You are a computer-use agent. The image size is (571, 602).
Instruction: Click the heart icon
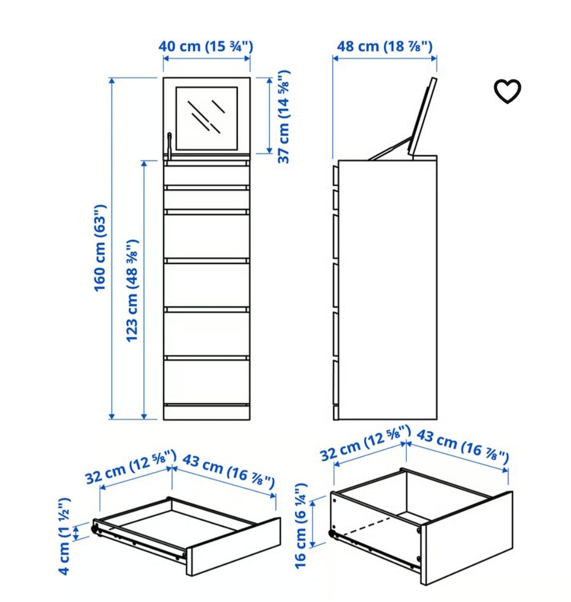click(x=507, y=91)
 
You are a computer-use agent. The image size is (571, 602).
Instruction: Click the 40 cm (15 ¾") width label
click(x=206, y=46)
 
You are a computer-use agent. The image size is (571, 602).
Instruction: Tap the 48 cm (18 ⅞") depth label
click(x=384, y=46)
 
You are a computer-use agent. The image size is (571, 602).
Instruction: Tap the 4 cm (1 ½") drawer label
click(x=64, y=536)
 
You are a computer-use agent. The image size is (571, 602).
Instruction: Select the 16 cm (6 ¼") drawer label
click(x=301, y=525)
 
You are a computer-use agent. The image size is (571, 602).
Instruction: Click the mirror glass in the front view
click(x=206, y=118)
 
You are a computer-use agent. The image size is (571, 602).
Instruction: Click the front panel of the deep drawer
click(x=467, y=538)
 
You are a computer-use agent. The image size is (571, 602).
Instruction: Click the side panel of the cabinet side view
click(x=388, y=290)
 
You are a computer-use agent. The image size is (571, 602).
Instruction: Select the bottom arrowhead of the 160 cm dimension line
click(x=112, y=416)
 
